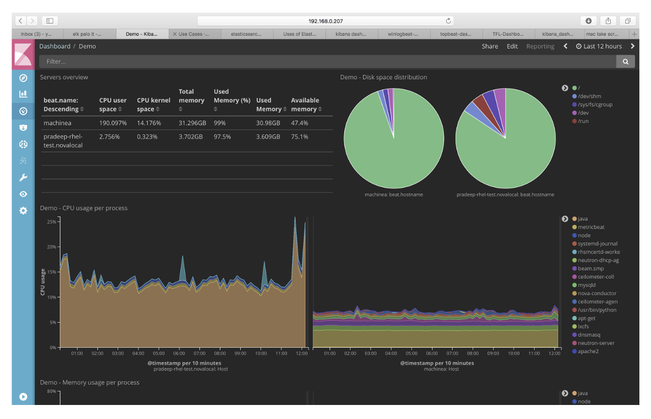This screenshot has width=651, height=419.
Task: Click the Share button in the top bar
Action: pos(490,46)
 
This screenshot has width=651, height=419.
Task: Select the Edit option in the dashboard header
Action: pos(512,46)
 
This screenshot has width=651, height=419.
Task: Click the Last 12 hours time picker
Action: pos(599,46)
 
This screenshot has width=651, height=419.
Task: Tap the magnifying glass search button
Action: pos(625,61)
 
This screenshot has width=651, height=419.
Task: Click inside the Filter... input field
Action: pos(327,61)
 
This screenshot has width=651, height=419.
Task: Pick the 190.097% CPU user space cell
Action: pos(113,123)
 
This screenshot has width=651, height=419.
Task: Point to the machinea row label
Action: pos(57,123)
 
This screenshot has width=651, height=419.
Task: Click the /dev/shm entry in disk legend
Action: pos(589,96)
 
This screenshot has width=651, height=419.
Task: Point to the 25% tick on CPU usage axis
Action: pos(51,222)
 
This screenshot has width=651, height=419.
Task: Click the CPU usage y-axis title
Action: pos(43,282)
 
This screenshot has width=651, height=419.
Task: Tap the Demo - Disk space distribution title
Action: pos(384,77)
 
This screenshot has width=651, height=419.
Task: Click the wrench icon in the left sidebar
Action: pos(23,178)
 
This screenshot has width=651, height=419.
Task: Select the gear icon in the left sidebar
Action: pos(23,210)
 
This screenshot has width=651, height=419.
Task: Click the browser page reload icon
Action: pos(448,21)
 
